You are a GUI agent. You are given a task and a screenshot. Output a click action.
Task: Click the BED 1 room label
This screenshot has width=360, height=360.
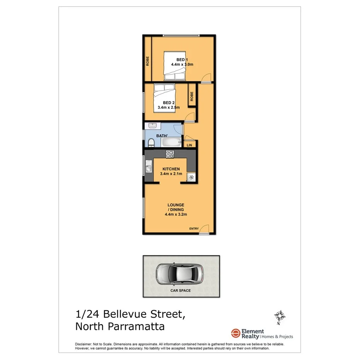(x=182, y=59)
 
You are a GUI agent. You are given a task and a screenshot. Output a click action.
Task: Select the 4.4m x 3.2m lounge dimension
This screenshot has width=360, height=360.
(x=176, y=214)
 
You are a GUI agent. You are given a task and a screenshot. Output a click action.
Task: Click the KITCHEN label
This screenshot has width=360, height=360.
(x=171, y=169)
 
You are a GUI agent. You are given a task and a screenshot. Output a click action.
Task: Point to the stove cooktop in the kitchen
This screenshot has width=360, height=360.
(x=170, y=154)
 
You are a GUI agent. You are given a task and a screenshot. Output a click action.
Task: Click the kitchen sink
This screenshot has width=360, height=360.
(x=148, y=168)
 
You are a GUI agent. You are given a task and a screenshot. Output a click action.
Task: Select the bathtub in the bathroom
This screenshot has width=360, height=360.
(x=170, y=143)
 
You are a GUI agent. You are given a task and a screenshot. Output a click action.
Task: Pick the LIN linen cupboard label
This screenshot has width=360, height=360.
(x=189, y=145)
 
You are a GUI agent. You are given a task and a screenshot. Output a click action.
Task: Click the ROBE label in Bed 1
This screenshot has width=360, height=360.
(x=148, y=61)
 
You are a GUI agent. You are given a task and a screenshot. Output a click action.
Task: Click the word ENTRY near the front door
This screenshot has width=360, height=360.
(x=194, y=229)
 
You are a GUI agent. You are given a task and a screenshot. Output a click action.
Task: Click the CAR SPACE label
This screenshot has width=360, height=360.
(x=181, y=290)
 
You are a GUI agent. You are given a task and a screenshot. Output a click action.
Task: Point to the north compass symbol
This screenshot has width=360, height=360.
(x=280, y=317)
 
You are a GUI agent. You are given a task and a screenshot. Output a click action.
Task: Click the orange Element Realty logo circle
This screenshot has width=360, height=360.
(x=235, y=333)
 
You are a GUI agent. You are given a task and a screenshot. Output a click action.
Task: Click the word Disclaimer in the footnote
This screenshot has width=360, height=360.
(x=83, y=344)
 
